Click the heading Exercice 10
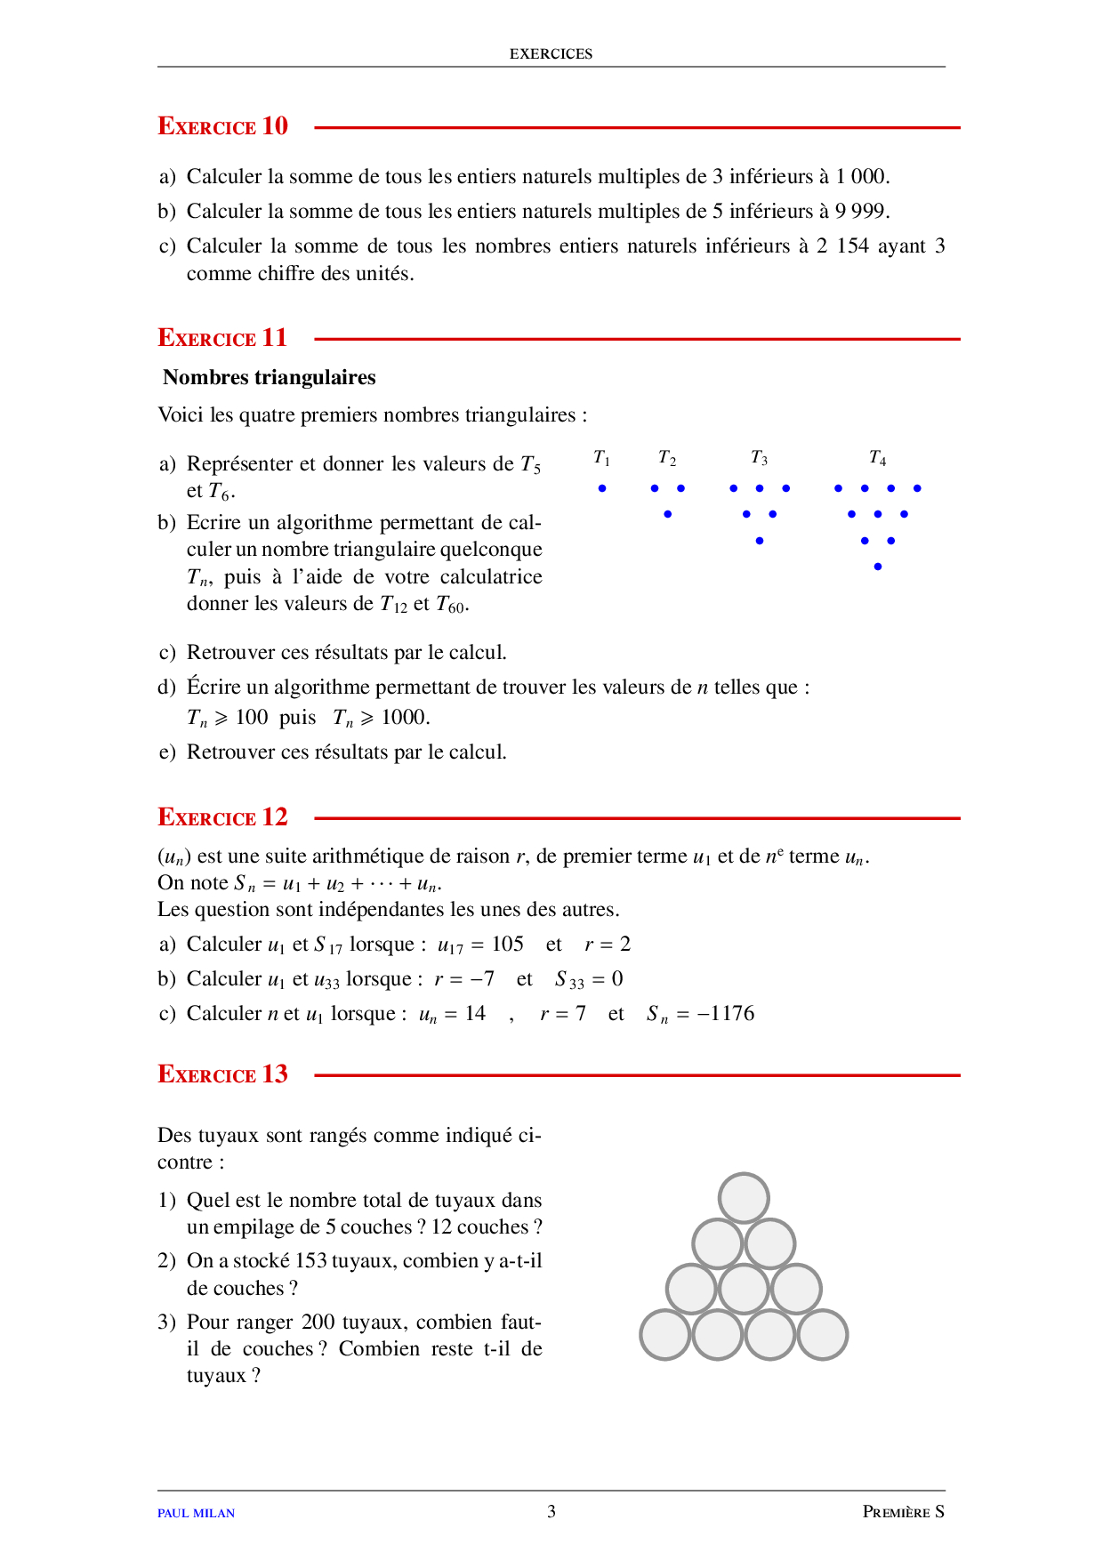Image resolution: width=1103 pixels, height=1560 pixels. pos(222,126)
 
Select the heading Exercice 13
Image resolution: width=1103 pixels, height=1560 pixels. pos(222,1074)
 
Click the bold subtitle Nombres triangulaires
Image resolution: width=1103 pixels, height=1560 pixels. pos(269,377)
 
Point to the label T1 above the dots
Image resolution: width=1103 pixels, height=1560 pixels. pos(602,458)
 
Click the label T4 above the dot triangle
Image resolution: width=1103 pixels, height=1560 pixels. pos(877,458)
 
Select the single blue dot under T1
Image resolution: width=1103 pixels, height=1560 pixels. pos(602,488)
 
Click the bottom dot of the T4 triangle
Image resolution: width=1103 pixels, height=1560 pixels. pos(878,567)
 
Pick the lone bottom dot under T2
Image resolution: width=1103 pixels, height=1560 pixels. pos(667,514)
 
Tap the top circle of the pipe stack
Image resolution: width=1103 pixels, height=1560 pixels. pos(744,1198)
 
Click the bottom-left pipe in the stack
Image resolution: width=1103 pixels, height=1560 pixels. pos(664,1335)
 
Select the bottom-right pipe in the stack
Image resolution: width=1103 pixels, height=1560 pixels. pos(823,1335)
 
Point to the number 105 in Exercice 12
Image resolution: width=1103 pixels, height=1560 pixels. pos(507,945)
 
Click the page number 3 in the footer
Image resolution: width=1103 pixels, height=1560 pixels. pos(551,1511)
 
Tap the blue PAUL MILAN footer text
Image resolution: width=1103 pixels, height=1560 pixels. pos(196,1513)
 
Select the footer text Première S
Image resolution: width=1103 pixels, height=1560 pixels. pos(903,1512)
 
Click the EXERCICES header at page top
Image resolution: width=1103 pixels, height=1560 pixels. pos(551,53)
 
